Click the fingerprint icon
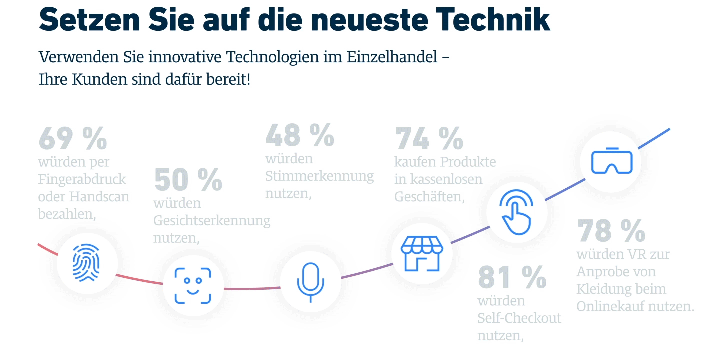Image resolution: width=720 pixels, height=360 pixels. point(86,263)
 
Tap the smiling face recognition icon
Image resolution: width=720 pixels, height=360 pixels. point(193,286)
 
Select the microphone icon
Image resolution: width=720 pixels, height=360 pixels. point(310,282)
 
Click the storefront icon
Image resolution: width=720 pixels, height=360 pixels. point(422,254)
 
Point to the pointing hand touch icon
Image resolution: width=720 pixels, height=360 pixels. point(517,212)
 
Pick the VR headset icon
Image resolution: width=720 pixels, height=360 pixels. point(612,161)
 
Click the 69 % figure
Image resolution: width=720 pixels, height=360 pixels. point(73,138)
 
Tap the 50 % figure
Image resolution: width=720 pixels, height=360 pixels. point(188,180)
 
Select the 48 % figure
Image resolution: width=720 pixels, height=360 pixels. point(300,135)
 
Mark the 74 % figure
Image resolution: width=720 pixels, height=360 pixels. point(429,139)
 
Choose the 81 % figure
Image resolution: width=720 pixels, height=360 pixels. point(512,278)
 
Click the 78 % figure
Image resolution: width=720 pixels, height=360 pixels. point(611,231)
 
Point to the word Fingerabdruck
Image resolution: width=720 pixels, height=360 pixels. point(82,179)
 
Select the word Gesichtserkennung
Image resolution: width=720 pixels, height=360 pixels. point(212,221)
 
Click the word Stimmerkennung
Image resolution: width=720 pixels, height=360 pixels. point(319,176)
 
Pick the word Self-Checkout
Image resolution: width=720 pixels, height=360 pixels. point(519,318)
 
